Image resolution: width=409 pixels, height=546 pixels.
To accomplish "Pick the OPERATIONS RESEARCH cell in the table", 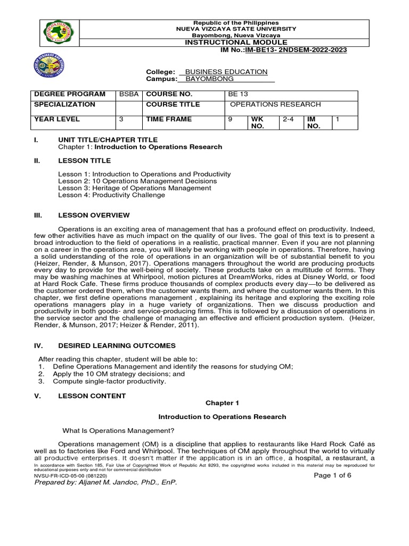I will (x=275, y=105).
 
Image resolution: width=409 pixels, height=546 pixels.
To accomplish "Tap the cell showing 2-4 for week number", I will (x=288, y=119).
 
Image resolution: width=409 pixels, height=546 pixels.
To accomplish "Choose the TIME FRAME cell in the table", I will (x=169, y=119).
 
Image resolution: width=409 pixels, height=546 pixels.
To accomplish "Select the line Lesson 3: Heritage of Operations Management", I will (x=134, y=188).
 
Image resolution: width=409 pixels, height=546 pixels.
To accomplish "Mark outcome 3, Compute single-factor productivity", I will (x=109, y=381).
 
